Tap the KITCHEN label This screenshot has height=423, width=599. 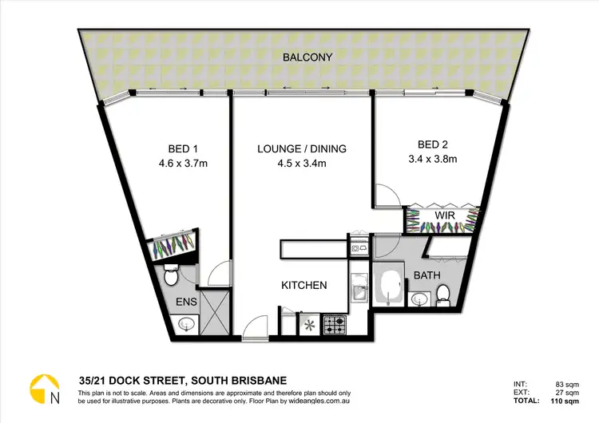pyautogui.click(x=303, y=285)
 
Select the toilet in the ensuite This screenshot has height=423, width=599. pyautogui.click(x=170, y=278)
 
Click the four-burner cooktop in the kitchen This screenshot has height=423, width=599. pyautogui.click(x=333, y=325)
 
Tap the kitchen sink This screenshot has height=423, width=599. pyautogui.click(x=359, y=287)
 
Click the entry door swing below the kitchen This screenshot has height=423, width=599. pyautogui.click(x=256, y=326)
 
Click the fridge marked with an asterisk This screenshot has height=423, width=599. pyautogui.click(x=308, y=326)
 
